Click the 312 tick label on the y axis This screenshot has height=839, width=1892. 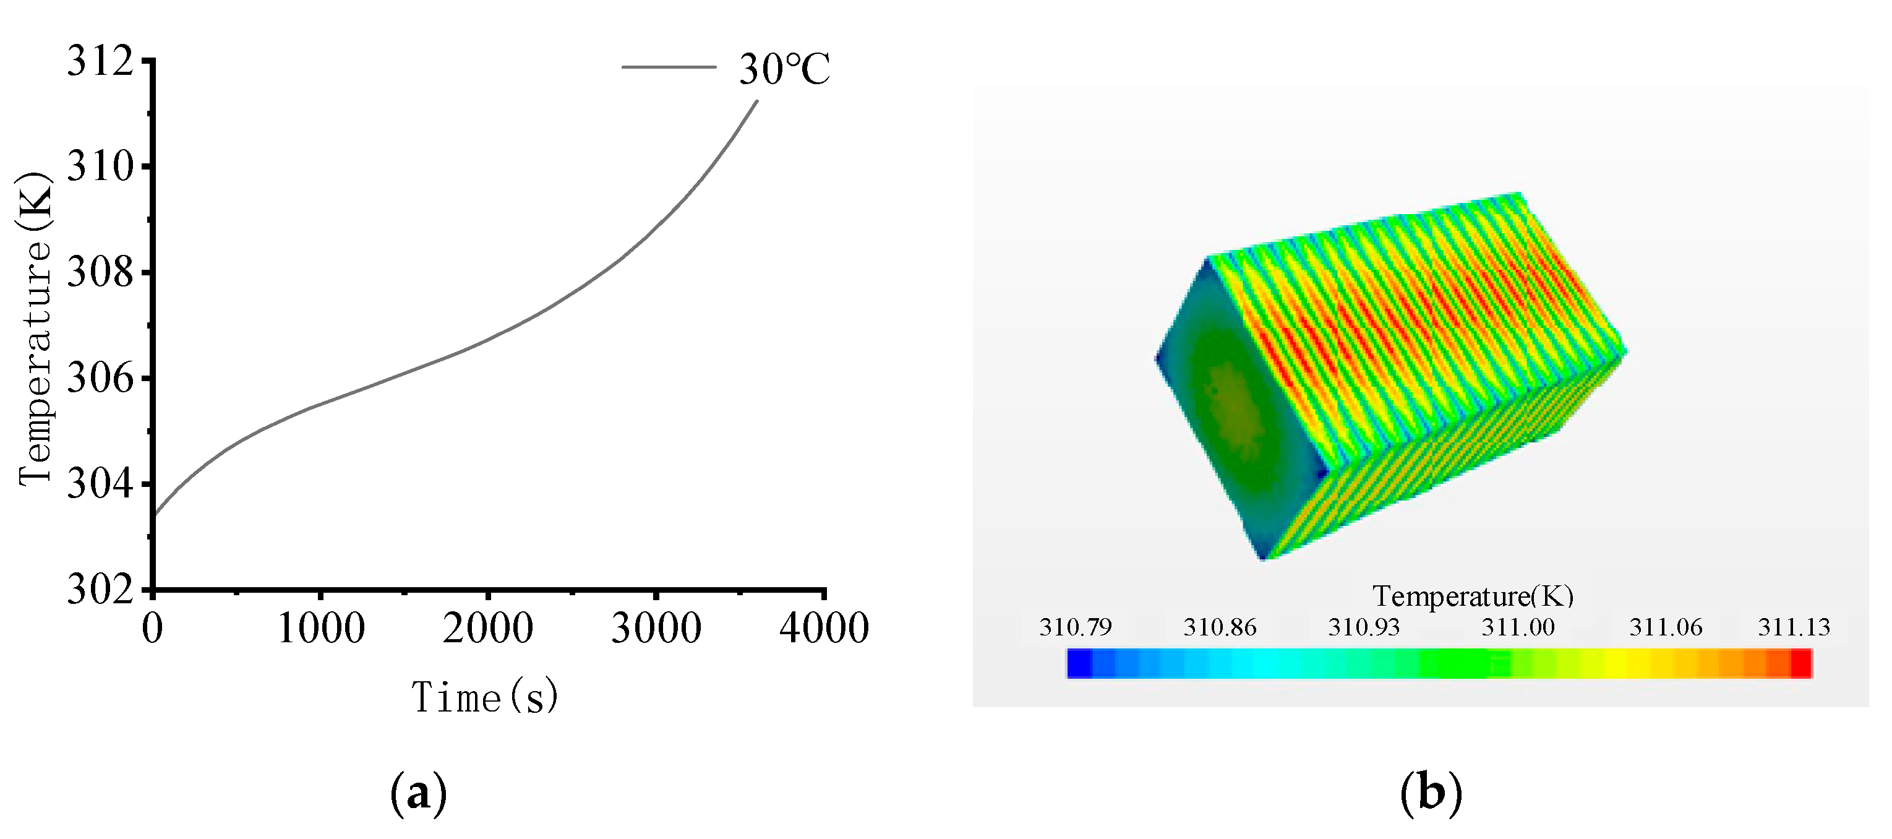click(101, 60)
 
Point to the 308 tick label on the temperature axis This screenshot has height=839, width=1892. click(101, 273)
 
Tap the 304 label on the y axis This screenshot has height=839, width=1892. click(101, 484)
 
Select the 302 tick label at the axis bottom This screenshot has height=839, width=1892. click(101, 589)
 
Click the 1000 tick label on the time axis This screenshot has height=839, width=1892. click(321, 629)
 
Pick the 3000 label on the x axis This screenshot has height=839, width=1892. click(656, 629)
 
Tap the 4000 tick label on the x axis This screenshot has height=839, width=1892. click(824, 629)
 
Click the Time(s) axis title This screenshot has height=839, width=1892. click(485, 697)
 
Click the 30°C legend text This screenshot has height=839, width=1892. click(784, 70)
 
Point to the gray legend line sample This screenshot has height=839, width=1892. click(669, 67)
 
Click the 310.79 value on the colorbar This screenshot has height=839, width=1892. click(1075, 627)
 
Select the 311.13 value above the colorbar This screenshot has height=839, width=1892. click(1794, 627)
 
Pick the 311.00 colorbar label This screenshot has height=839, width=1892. click(1517, 627)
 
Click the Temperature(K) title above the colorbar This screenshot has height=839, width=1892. click(1473, 596)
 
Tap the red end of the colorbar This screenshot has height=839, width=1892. click(1801, 663)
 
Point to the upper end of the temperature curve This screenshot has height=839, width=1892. click(756, 101)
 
